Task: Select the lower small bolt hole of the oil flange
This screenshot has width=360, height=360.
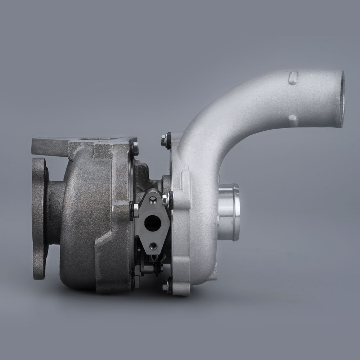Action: pyautogui.click(x=154, y=245)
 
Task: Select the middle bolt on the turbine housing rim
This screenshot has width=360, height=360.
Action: pyautogui.click(x=135, y=210)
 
